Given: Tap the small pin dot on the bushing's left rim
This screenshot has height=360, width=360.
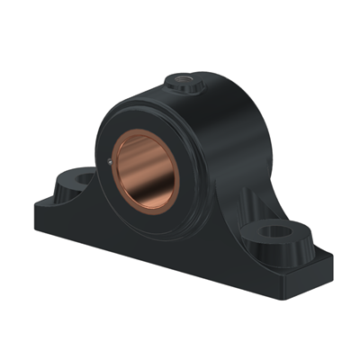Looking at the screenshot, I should (110, 162).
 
